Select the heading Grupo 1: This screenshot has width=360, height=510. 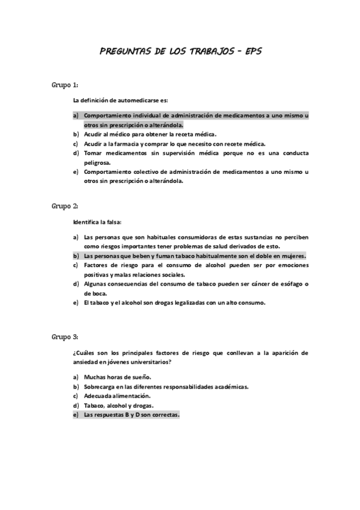pos(65,85)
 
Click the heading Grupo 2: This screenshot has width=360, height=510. pos(65,206)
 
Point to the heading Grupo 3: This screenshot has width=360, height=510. pos(65,336)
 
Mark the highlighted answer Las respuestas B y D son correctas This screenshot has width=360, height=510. pos(132,415)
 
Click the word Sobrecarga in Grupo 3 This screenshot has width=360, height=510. pos(100,387)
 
